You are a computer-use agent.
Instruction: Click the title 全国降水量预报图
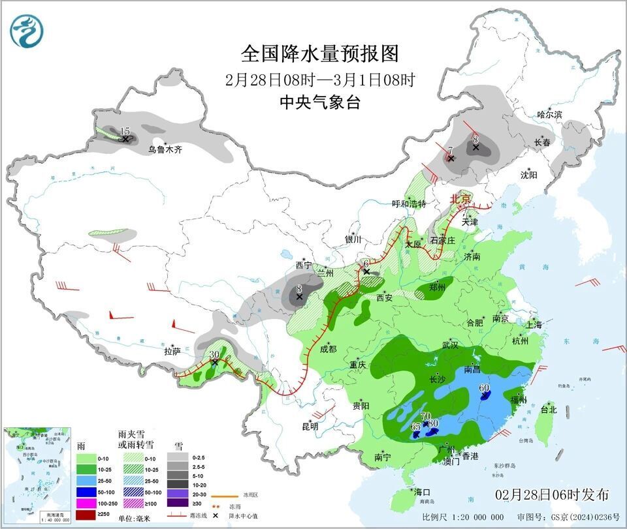pos(319,53)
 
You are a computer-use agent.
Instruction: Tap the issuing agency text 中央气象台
pos(319,102)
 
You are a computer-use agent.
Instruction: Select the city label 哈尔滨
pos(549,114)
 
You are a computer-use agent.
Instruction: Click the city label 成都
pos(328,349)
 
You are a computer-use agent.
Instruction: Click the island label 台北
pos(548,410)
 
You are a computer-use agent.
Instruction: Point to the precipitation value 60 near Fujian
pos(484,388)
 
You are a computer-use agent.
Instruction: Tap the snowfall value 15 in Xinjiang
pos(125,132)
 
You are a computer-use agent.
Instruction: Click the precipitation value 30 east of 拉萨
pos(214,355)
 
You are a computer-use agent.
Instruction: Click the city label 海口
pos(422,491)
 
